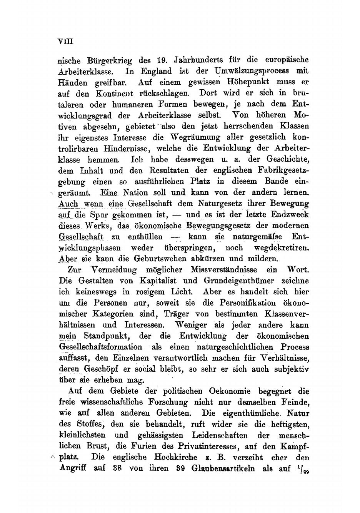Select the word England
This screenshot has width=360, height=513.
[156, 71]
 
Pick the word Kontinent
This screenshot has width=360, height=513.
[114, 94]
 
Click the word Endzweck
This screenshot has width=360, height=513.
[292, 215]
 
